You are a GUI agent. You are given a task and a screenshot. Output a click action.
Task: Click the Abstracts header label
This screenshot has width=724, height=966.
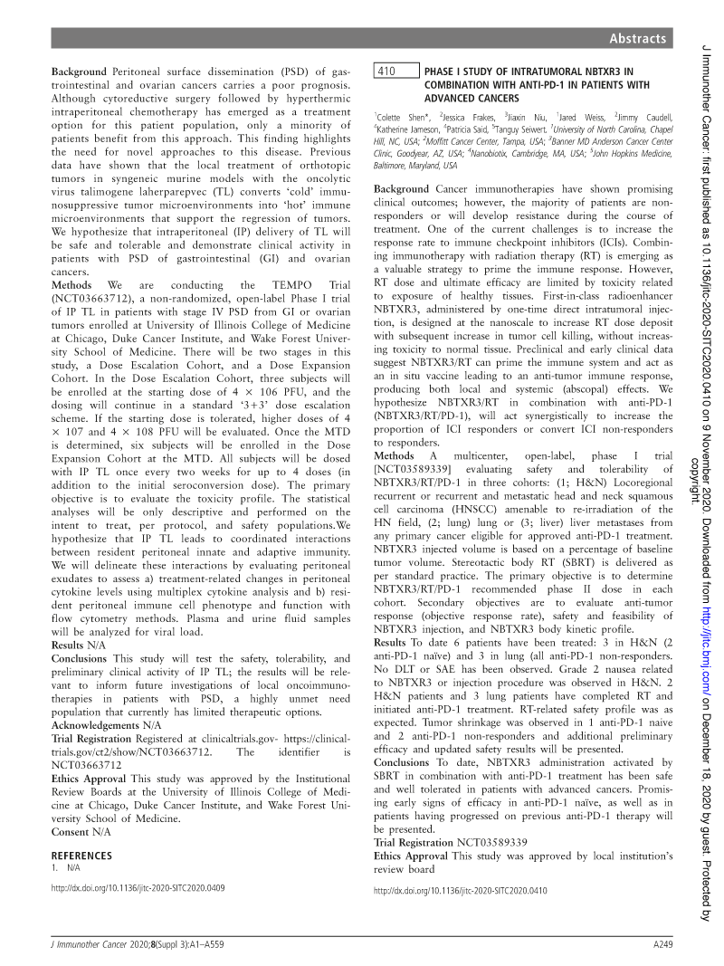[638, 38]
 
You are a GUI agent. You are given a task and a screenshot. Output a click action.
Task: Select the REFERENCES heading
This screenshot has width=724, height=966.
[82, 856]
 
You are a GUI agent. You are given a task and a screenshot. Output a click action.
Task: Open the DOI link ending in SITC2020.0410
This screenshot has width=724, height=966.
[461, 891]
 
